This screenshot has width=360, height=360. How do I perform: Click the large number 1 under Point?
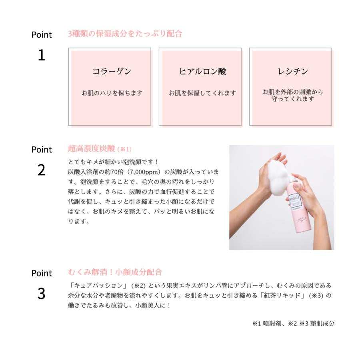pyautogui.click(x=41, y=56)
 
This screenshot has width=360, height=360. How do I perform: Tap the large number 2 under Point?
pyautogui.click(x=41, y=170)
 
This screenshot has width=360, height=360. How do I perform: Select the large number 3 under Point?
pyautogui.click(x=41, y=294)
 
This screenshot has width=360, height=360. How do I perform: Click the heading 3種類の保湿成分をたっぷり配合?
pyautogui.click(x=125, y=34)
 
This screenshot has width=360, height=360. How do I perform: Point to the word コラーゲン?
pyautogui.click(x=112, y=72)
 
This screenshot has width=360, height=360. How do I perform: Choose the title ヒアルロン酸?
pyautogui.click(x=202, y=72)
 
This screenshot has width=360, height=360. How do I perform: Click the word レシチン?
pyautogui.click(x=293, y=72)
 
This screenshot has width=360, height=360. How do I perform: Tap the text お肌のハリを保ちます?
pyautogui.click(x=112, y=93)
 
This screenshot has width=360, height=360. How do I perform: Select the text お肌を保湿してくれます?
pyautogui.click(x=202, y=93)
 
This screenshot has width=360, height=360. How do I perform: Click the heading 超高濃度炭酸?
pyautogui.click(x=92, y=149)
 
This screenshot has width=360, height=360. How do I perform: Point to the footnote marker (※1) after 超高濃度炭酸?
pyautogui.click(x=124, y=149)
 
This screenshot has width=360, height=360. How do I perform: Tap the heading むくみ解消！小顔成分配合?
pyautogui.click(x=115, y=272)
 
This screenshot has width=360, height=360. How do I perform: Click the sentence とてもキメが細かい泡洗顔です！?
pyautogui.click(x=114, y=162)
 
